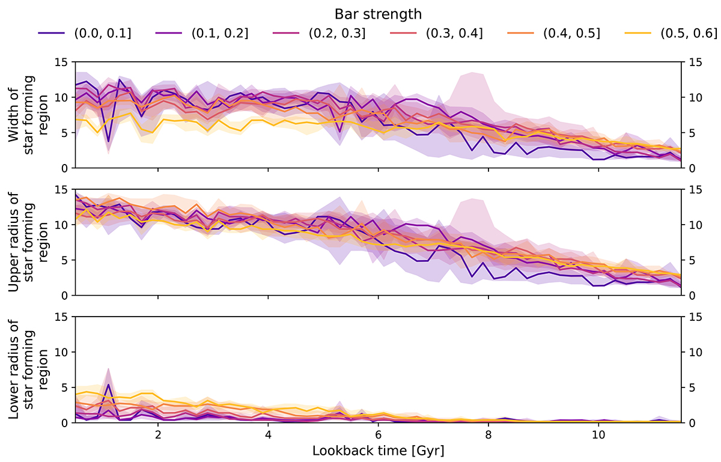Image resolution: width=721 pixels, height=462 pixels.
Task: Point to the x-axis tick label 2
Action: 158,434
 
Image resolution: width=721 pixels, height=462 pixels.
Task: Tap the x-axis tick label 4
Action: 268,434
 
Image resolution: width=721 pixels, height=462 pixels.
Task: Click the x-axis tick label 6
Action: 379,434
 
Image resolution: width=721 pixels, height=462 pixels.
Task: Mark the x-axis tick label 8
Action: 488,434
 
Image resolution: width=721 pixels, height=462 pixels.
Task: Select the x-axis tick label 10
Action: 598,434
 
